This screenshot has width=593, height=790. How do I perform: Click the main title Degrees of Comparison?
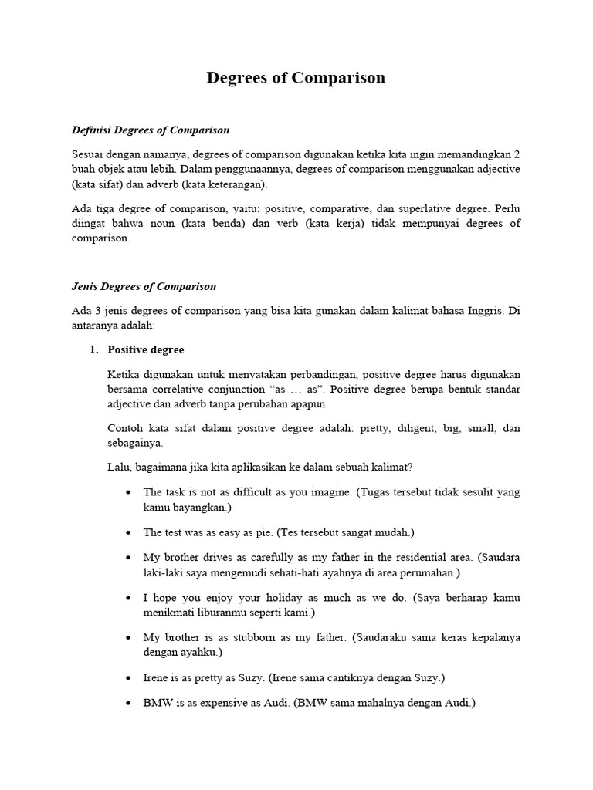pos(296,78)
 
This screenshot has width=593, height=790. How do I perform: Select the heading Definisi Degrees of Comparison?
pos(150,130)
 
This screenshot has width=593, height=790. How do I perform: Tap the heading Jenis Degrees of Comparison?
pos(144,286)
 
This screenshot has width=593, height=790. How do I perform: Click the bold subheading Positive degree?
pos(145,349)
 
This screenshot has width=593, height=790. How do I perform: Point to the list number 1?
pos(93,349)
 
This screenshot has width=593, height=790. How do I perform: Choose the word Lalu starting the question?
pos(119,467)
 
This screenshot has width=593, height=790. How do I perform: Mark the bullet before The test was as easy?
pos(127,533)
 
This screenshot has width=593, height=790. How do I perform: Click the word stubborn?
pos(256,637)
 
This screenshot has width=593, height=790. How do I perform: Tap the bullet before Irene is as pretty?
pos(127,678)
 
